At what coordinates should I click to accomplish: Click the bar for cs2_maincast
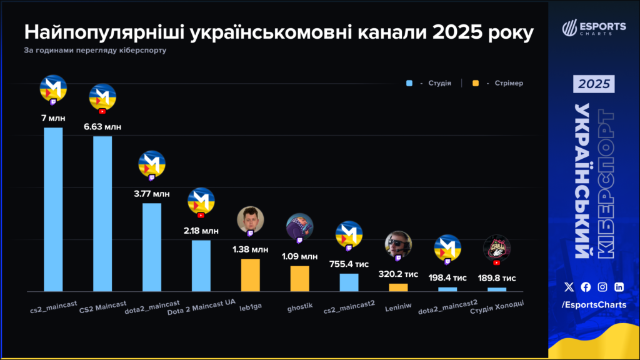53,209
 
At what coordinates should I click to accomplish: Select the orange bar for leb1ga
251,275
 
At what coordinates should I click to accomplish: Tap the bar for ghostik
299,279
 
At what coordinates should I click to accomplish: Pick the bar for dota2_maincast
152,247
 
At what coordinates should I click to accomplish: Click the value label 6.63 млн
102,127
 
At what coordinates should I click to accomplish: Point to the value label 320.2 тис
398,274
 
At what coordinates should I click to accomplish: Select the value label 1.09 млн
299,256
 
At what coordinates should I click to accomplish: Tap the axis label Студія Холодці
496,307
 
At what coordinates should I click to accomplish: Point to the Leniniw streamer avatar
398,244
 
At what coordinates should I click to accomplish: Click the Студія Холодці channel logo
497,248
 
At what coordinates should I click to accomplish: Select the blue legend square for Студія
409,83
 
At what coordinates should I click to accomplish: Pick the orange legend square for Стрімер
476,83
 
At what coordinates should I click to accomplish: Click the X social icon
569,287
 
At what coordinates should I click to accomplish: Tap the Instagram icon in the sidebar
602,287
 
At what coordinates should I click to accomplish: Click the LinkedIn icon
619,287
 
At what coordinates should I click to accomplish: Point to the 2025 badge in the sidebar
594,84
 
